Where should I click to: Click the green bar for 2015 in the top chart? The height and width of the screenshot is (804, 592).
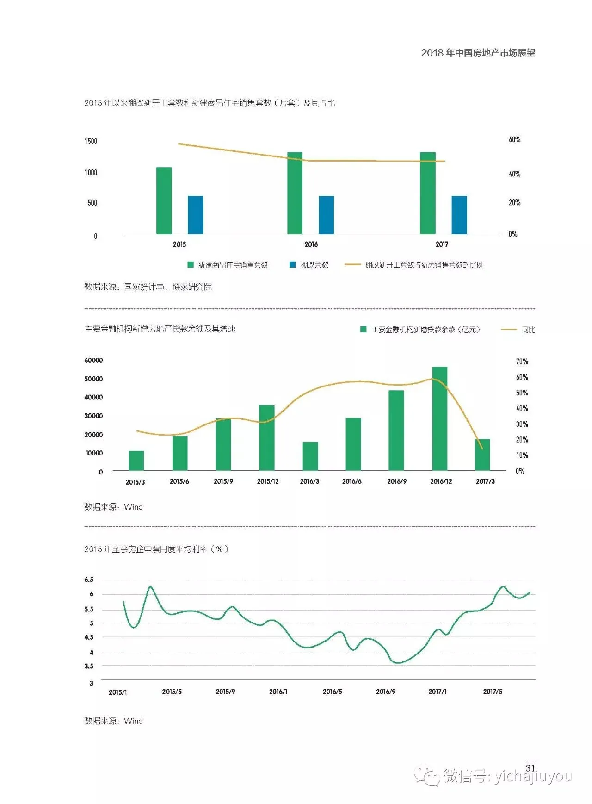pyautogui.click(x=164, y=200)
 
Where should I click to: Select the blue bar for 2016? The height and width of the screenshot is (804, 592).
pyautogui.click(x=326, y=215)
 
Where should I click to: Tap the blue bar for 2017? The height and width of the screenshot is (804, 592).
pyautogui.click(x=459, y=215)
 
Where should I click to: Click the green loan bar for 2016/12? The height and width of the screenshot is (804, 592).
pyautogui.click(x=440, y=418)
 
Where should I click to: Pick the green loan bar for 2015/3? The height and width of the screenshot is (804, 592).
pyautogui.click(x=136, y=461)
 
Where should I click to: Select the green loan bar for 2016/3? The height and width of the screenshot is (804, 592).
pyautogui.click(x=310, y=456)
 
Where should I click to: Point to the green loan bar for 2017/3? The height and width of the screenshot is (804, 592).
pyautogui.click(x=482, y=455)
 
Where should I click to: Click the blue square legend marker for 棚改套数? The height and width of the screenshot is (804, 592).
pyautogui.click(x=292, y=265)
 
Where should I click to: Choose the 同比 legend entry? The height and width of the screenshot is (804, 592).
pyautogui.click(x=528, y=330)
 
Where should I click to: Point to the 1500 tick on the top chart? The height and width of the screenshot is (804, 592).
pyautogui.click(x=91, y=141)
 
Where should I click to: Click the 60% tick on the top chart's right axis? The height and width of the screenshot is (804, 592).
pyautogui.click(x=514, y=139)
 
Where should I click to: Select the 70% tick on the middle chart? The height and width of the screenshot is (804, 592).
pyautogui.click(x=522, y=361)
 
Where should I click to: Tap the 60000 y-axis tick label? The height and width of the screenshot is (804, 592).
pyautogui.click(x=93, y=360)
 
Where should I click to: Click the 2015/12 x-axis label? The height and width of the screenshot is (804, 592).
pyautogui.click(x=268, y=481)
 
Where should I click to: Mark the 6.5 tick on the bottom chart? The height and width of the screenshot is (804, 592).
pyautogui.click(x=89, y=580)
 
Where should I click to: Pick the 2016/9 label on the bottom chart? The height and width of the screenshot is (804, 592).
pyautogui.click(x=386, y=692)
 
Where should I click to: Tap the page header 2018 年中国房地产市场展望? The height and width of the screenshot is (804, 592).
pyautogui.click(x=478, y=53)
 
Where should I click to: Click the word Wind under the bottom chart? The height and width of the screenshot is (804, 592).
pyautogui.click(x=133, y=721)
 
